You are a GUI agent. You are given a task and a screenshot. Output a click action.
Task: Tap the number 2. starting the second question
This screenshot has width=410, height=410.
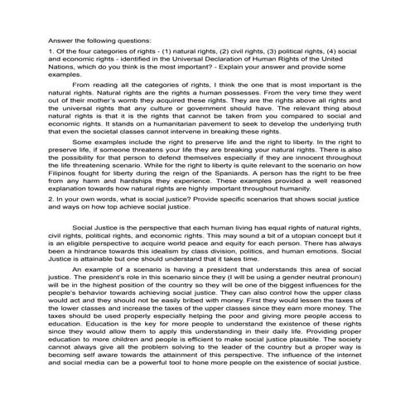point(29,221)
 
